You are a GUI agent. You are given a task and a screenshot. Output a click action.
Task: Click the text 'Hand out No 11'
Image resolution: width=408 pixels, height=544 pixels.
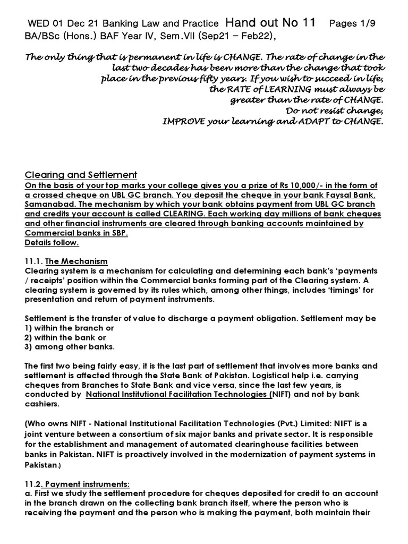[x=270, y=22]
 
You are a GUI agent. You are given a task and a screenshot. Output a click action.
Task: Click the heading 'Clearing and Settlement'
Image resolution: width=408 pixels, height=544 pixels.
[x=81, y=175]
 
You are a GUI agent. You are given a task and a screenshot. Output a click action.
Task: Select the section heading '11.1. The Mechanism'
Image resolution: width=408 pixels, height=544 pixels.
[x=66, y=261]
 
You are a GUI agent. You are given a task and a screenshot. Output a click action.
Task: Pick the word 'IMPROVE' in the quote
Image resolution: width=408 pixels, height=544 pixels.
[x=183, y=121]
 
